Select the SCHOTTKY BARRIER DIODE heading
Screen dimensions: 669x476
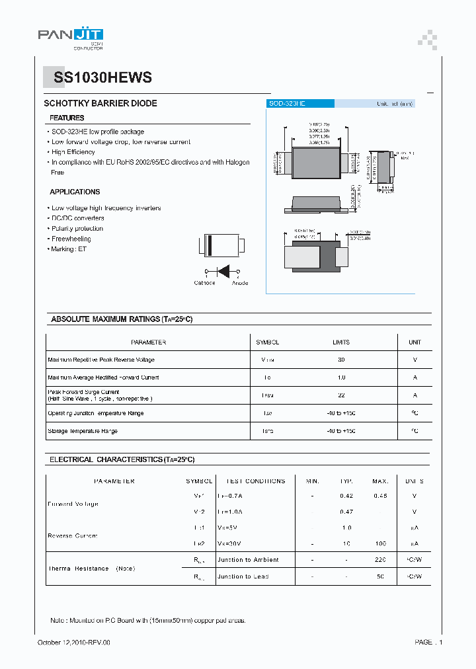pos(100,104)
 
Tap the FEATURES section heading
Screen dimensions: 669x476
pos(67,118)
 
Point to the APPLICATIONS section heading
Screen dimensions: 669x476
pos(75,192)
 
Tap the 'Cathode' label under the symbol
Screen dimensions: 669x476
pos(204,283)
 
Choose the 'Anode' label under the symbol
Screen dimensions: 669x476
pos(240,283)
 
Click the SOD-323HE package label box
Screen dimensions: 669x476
pos(300,104)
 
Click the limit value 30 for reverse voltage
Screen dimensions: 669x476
pos(341,360)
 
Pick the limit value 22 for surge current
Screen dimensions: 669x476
pos(341,395)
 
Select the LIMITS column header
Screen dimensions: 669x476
pos(341,342)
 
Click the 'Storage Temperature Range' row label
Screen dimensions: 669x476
pos(83,431)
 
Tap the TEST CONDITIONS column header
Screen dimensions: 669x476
pos(256,481)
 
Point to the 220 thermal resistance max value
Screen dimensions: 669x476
pos(380,560)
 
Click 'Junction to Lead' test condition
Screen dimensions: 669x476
pos(243,576)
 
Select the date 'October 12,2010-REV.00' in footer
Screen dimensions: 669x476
pos(74,643)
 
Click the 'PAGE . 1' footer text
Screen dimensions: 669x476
pos(428,643)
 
